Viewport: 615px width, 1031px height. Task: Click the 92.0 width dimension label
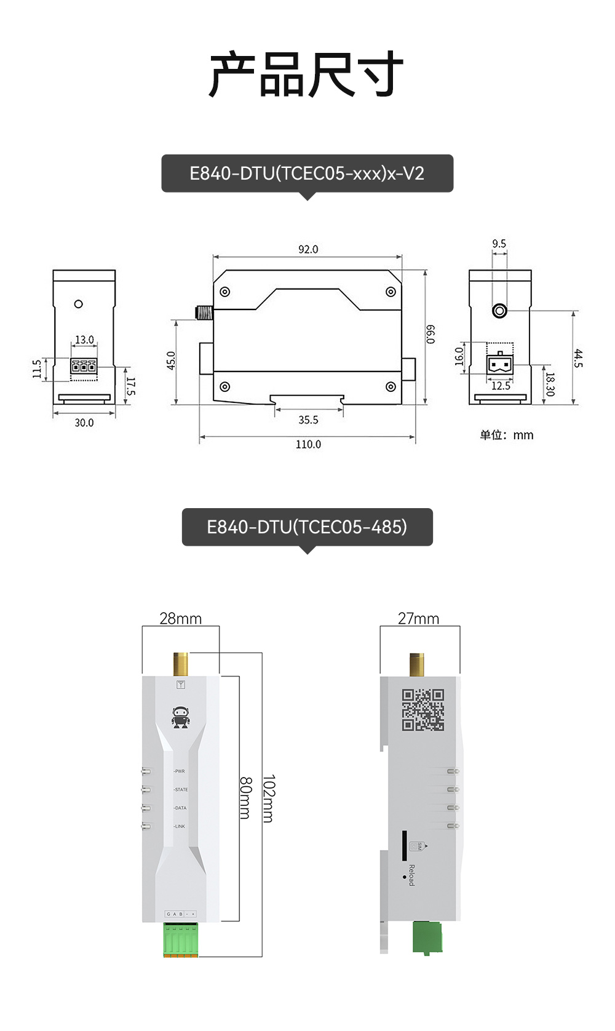pyautogui.click(x=308, y=249)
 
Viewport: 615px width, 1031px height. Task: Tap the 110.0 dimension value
pyautogui.click(x=308, y=444)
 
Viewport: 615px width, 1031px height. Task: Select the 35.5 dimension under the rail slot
pyautogui.click(x=308, y=420)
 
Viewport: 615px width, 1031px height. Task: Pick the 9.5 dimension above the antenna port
pyautogui.click(x=499, y=244)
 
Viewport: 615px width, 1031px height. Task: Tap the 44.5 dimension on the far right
pyautogui.click(x=577, y=358)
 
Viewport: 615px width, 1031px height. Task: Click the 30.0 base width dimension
pyautogui.click(x=84, y=423)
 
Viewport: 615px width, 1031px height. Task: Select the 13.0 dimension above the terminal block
pyautogui.click(x=84, y=340)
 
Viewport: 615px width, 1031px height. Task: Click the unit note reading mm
pyautogui.click(x=507, y=435)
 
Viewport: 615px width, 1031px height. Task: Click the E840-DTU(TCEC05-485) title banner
pyautogui.click(x=307, y=527)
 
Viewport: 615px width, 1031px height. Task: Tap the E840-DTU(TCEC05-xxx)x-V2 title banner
pyautogui.click(x=307, y=173)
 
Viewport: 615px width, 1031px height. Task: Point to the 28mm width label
pyautogui.click(x=180, y=618)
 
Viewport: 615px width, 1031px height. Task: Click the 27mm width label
pyautogui.click(x=418, y=618)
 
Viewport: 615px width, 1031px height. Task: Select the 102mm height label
pyautogui.click(x=268, y=798)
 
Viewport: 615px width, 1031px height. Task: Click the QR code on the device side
pyautogui.click(x=423, y=710)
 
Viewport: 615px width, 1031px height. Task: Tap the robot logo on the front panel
pyautogui.click(x=181, y=717)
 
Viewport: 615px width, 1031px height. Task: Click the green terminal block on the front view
pyautogui.click(x=181, y=939)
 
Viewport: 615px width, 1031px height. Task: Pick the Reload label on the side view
pyautogui.click(x=411, y=875)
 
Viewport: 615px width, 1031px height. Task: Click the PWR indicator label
pyautogui.click(x=180, y=771)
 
